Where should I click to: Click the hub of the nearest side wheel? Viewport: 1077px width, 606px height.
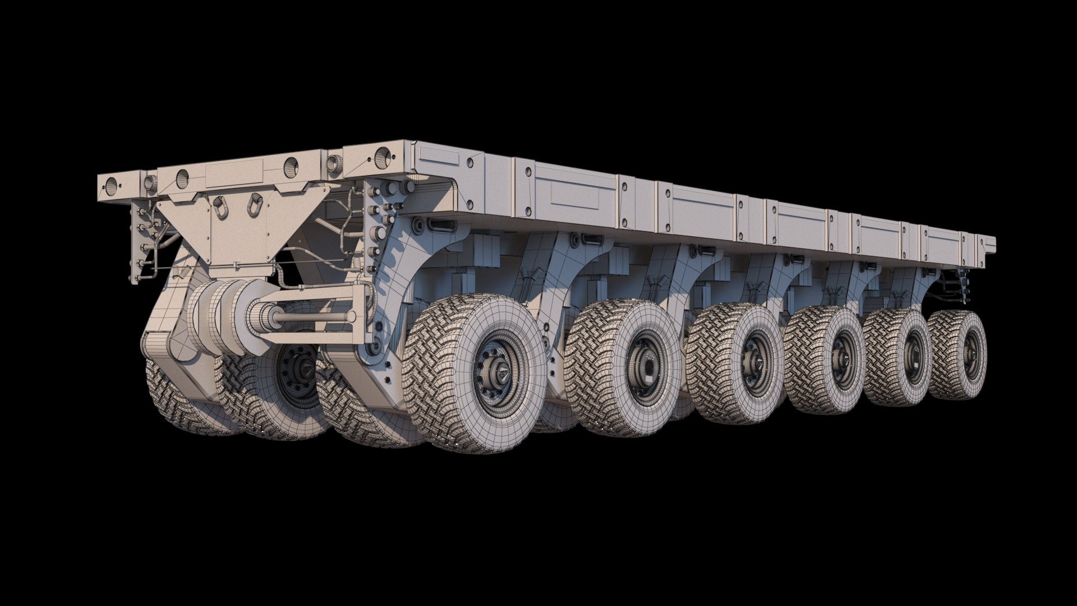click(x=501, y=373)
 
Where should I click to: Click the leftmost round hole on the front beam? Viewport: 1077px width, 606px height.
click(x=111, y=183)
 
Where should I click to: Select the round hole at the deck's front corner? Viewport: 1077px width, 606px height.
click(x=383, y=154)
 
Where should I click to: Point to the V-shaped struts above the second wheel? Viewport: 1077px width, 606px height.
click(x=654, y=284)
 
